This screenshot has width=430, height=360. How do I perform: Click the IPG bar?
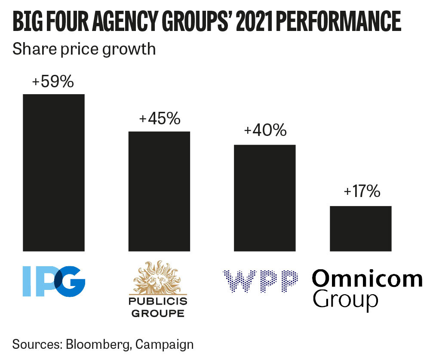[54, 172]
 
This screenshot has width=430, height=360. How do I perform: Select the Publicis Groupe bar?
[159, 191]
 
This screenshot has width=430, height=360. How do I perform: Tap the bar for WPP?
[264, 198]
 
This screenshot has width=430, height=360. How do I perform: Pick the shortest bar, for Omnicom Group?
[361, 228]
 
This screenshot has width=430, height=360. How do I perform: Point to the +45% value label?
[160, 119]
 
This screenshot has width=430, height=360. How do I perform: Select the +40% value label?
[265, 130]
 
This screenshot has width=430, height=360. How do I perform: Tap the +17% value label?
[362, 191]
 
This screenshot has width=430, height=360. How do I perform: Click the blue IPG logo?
[53, 281]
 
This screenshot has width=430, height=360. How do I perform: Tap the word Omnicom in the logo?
[367, 279]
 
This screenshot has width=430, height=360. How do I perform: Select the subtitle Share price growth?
[84, 49]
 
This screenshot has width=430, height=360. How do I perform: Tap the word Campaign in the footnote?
[167, 344]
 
